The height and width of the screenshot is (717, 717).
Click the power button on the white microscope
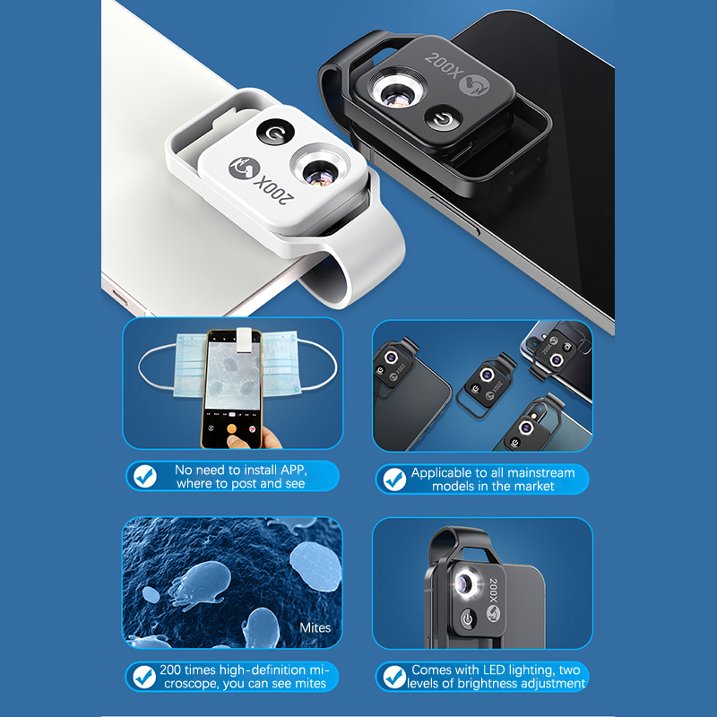pyautogui.click(x=275, y=132)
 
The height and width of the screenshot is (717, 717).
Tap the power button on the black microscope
pyautogui.click(x=443, y=118)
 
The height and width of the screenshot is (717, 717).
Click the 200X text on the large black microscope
pyautogui.click(x=442, y=66)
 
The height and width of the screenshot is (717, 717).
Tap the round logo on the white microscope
pyautogui.click(x=245, y=168)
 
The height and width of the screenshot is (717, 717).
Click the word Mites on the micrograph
pyautogui.click(x=315, y=627)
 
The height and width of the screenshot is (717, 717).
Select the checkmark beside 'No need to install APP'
pyautogui.click(x=145, y=477)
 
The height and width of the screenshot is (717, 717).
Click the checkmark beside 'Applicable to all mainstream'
pyautogui.click(x=394, y=479)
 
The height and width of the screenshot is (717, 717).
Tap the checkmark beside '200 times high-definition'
pyautogui.click(x=144, y=677)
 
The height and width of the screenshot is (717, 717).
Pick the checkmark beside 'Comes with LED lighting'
pyautogui.click(x=394, y=677)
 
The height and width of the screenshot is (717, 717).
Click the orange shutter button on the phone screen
pyautogui.click(x=232, y=428)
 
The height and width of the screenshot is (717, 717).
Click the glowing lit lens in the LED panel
pyautogui.click(x=466, y=583)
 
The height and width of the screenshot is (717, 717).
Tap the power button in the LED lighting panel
pyautogui.click(x=467, y=619)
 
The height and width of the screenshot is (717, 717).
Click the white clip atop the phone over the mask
pyautogui.click(x=244, y=340)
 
